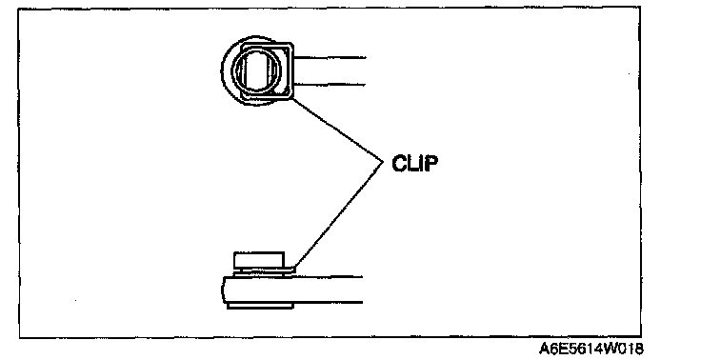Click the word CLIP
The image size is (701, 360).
(414, 163)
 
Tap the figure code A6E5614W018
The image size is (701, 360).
(591, 349)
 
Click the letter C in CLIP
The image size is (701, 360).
(399, 163)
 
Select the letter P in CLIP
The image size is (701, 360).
(431, 163)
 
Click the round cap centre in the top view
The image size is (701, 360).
(256, 70)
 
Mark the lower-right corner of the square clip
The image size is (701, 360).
(292, 97)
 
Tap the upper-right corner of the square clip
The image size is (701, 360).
(292, 44)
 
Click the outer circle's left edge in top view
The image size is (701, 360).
(222, 70)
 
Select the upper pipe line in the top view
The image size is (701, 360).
(330, 58)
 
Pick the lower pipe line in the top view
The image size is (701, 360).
(330, 84)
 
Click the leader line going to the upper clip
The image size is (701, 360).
(337, 130)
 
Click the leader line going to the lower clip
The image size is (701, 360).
(337, 215)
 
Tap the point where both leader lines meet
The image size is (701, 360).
(383, 162)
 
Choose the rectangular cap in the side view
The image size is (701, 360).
(259, 260)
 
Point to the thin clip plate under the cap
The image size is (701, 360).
(265, 270)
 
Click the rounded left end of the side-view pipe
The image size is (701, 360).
(223, 290)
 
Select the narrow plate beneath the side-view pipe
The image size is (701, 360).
(260, 306)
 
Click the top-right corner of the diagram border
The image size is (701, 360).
(640, 8)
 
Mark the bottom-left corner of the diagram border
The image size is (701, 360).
(19, 337)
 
